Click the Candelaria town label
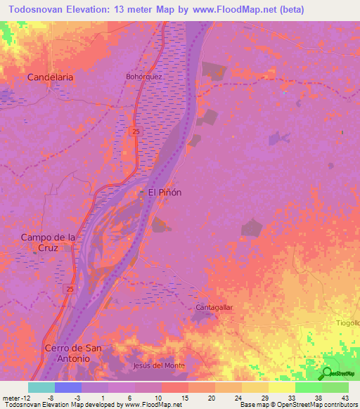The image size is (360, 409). (50, 77)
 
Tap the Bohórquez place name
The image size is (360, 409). (144, 77)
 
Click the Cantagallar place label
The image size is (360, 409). (214, 308)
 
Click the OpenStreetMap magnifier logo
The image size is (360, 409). (328, 373)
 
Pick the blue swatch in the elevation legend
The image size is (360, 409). (68, 387)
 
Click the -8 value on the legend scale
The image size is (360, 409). (52, 398)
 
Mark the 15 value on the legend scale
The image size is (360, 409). (185, 398)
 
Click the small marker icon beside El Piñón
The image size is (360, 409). (141, 193)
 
